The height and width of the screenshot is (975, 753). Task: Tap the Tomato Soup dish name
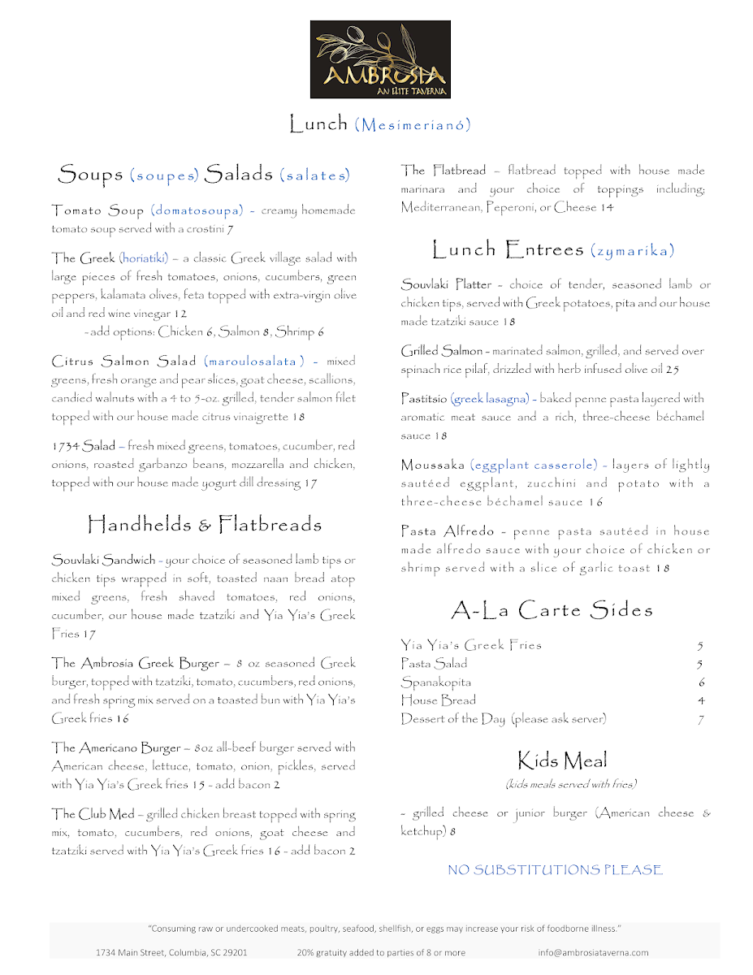pyautogui.click(x=97, y=211)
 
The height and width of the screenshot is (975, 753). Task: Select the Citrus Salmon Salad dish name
pyautogui.click(x=123, y=362)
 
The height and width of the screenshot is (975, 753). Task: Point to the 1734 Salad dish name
pyautogui.click(x=83, y=446)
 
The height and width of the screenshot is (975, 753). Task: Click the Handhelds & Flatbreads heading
pyautogui.click(x=204, y=525)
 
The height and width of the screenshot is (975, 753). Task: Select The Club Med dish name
pyautogui.click(x=93, y=814)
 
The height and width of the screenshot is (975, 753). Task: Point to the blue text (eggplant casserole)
pyautogui.click(x=533, y=466)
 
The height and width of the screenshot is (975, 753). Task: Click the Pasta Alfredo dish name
pyautogui.click(x=448, y=531)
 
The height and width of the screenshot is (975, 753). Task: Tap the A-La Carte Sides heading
pyautogui.click(x=552, y=609)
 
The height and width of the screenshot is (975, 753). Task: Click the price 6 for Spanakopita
pyautogui.click(x=701, y=682)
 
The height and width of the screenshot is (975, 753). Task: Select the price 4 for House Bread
pyautogui.click(x=701, y=700)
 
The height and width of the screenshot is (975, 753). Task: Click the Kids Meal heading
pyautogui.click(x=562, y=760)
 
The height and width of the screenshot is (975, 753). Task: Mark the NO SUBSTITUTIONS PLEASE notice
pyautogui.click(x=555, y=870)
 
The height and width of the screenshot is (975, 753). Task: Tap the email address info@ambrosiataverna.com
pyautogui.click(x=593, y=952)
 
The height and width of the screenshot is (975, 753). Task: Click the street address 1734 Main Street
pyautogui.click(x=171, y=952)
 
